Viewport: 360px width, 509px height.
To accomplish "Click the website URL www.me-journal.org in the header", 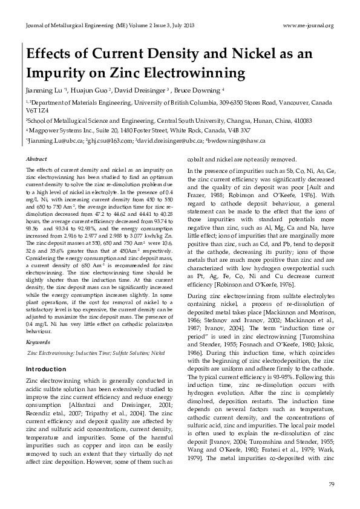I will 308,25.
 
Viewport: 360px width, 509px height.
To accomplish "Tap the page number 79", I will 330,485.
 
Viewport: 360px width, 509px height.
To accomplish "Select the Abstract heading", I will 36,158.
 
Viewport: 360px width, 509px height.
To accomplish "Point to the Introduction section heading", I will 46,369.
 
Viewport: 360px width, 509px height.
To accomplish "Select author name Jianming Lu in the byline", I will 43,91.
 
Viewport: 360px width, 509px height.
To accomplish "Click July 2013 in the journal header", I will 180,25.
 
